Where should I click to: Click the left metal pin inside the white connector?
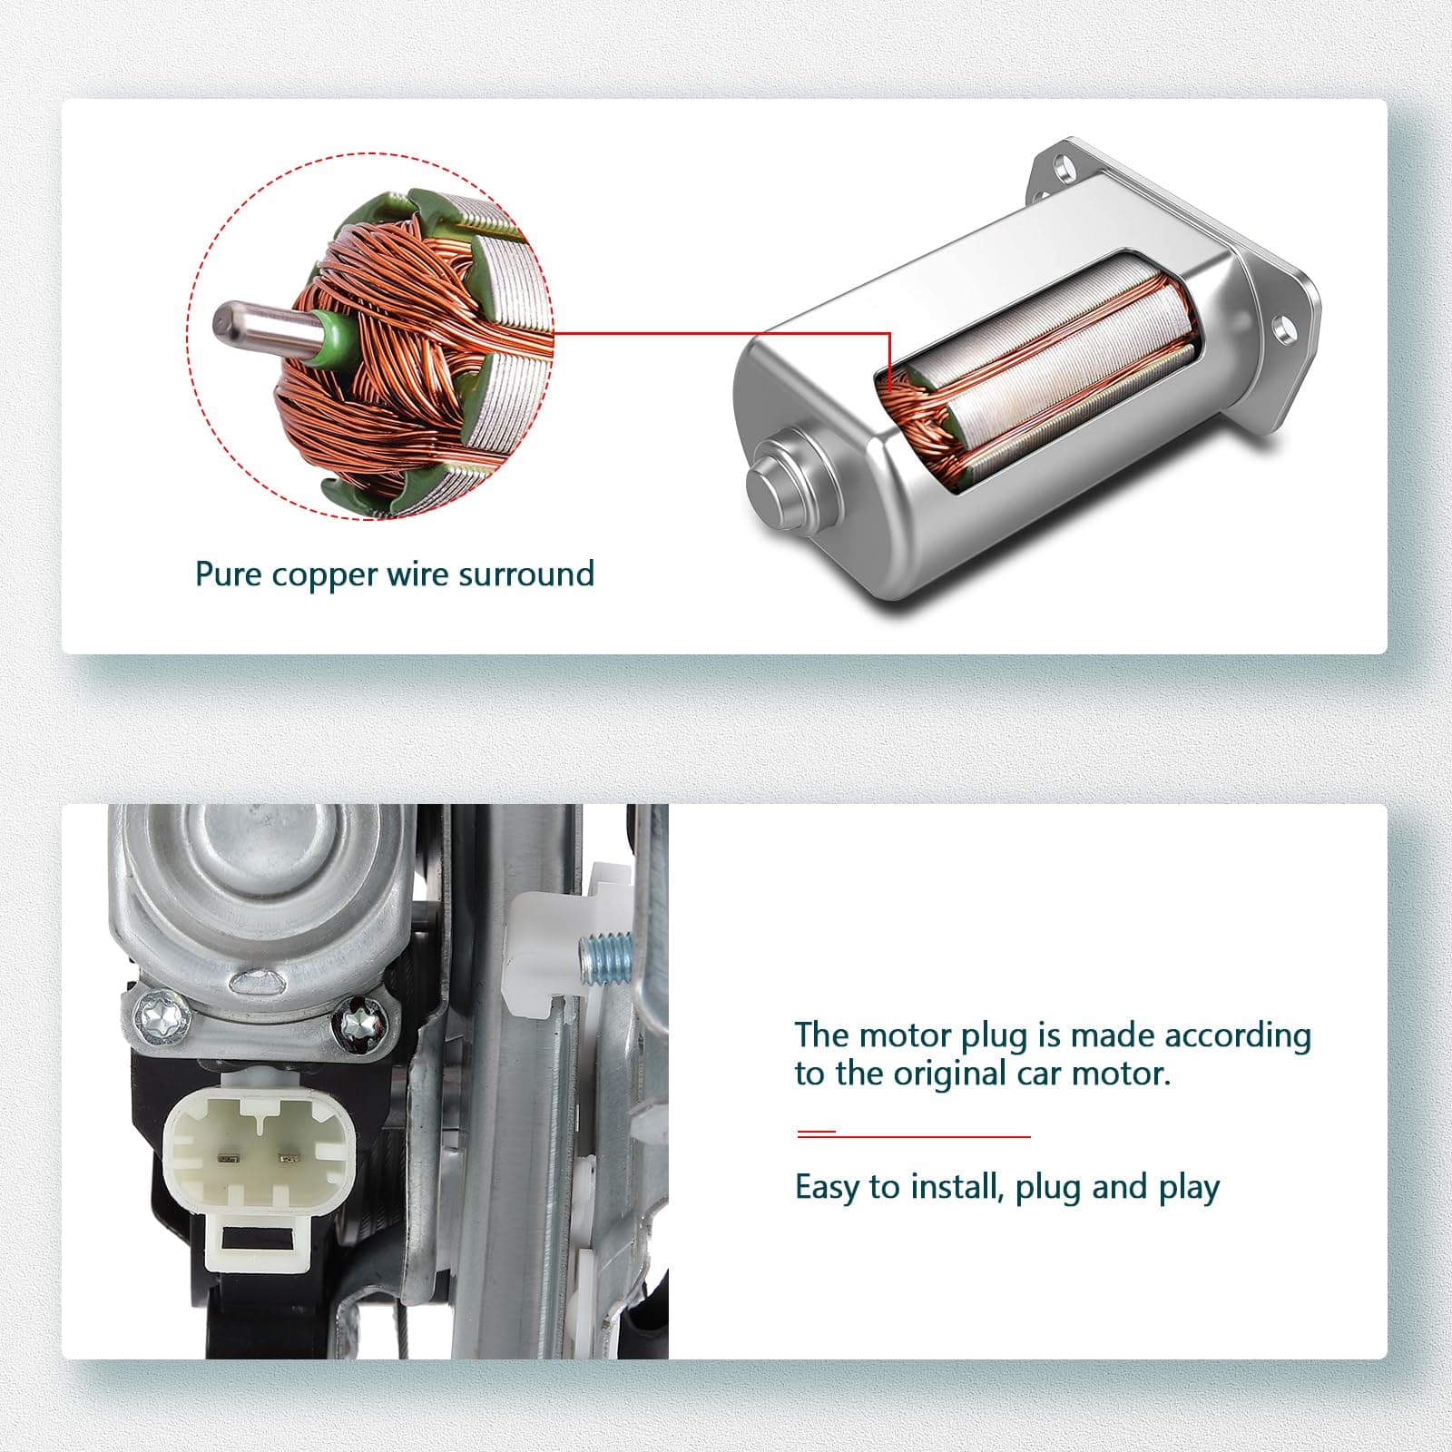pyautogui.click(x=229, y=1159)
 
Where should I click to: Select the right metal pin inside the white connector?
pyautogui.click(x=289, y=1158)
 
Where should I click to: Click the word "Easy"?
pyautogui.click(x=827, y=1188)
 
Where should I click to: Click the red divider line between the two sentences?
pyautogui.click(x=914, y=1134)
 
